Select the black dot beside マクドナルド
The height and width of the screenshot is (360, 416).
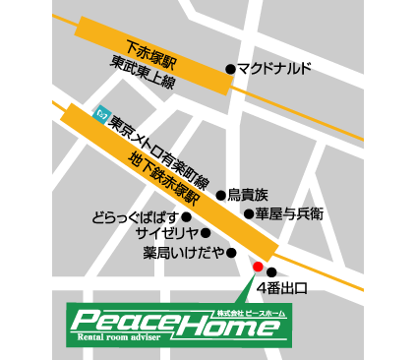[x=230, y=69]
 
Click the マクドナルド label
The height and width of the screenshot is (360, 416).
[x=274, y=69]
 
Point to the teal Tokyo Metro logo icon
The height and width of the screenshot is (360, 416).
[x=99, y=113]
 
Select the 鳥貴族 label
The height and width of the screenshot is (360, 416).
[x=254, y=195]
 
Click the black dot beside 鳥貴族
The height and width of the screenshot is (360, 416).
[x=221, y=195]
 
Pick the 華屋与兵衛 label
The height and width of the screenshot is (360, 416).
[x=289, y=213]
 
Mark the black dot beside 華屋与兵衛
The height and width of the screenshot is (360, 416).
[x=248, y=213]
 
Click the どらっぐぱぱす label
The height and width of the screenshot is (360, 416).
[x=135, y=216]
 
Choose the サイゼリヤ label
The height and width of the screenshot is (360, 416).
[x=164, y=234]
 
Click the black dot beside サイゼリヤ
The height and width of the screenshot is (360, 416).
[x=206, y=233]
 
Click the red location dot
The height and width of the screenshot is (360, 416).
[x=258, y=267]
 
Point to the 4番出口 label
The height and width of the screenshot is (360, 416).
[x=282, y=289]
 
